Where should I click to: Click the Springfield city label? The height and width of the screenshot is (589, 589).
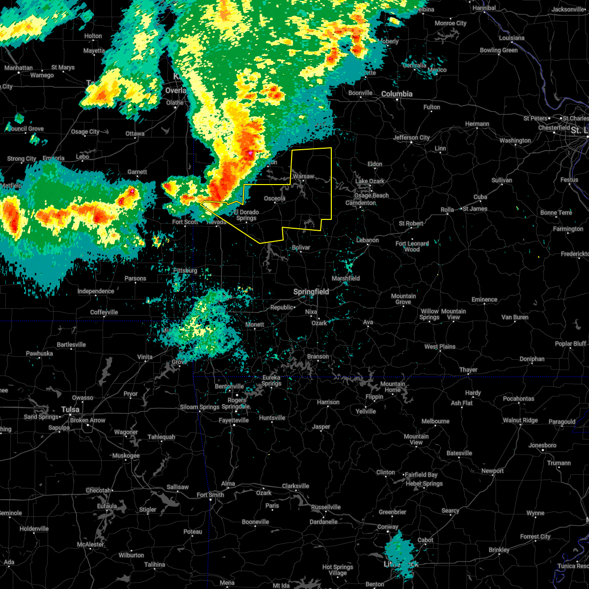click(311, 292)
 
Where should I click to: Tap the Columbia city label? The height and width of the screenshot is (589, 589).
click(397, 94)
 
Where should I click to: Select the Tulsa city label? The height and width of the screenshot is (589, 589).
click(70, 409)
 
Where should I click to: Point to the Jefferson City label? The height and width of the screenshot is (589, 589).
click(411, 138)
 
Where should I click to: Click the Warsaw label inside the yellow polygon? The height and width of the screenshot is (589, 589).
click(303, 176)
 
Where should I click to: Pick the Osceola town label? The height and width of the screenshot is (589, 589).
click(274, 198)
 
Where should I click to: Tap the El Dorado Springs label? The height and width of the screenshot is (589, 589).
click(246, 215)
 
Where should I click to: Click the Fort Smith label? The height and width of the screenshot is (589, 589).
click(210, 495)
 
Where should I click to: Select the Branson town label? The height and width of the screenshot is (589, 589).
click(318, 356)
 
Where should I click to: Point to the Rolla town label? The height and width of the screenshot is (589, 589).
click(447, 210)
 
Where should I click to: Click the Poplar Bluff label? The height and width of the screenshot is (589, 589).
click(570, 344)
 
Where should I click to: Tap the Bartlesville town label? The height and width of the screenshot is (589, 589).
click(71, 345)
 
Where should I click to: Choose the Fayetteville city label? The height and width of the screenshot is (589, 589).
click(234, 420)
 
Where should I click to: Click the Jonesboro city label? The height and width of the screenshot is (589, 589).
click(542, 445)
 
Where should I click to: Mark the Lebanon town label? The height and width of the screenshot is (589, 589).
click(367, 240)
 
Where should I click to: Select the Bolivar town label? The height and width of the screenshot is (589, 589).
click(301, 247)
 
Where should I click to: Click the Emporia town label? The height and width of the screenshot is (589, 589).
click(54, 158)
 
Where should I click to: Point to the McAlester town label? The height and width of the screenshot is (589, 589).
click(90, 544)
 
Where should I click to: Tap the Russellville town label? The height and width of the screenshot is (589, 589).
click(325, 507)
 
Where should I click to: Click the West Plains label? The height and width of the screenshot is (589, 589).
click(440, 347)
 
